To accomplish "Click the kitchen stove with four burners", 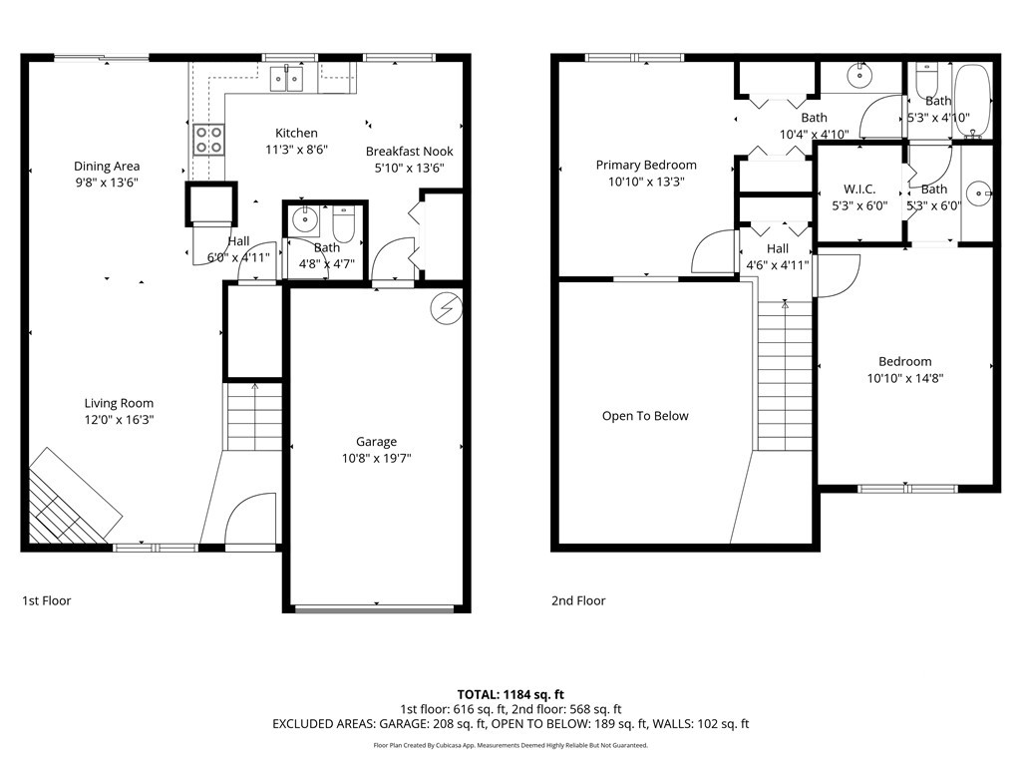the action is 209,140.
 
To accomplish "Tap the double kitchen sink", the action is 287,79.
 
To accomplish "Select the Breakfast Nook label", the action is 410,152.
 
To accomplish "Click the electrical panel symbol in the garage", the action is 447,308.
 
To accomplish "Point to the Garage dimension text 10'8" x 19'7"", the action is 376,458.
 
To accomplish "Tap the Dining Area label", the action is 107,167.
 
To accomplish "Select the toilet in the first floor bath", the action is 343,223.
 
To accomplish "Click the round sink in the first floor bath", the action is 304,220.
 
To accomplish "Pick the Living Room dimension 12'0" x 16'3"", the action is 119,420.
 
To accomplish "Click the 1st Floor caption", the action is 46,600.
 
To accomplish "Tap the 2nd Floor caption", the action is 578,600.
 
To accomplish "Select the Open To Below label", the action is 645,416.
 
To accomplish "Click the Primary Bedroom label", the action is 646,165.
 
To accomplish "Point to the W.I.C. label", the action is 859,189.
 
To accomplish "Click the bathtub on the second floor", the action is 972,101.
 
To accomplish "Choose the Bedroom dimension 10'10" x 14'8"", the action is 905,378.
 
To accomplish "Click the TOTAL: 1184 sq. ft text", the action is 510,694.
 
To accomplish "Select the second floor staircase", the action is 785,375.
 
